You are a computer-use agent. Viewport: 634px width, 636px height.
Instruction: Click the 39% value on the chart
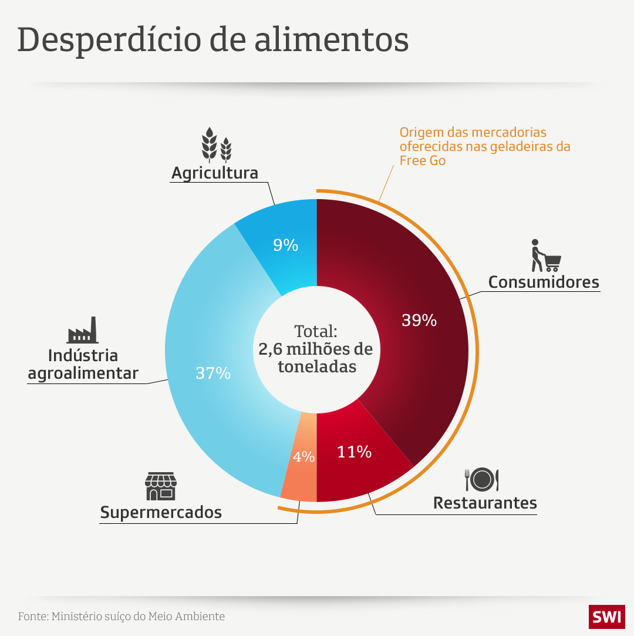419,320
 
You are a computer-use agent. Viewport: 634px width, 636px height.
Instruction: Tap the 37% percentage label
213,372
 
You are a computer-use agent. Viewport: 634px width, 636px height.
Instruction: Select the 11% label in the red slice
354,452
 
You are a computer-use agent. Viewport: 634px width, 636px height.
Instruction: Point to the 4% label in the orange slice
304,456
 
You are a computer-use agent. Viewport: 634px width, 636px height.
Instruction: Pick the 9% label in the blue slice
285,245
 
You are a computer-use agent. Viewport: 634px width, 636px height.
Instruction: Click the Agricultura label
215,173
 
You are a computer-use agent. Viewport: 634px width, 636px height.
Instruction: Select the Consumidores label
544,282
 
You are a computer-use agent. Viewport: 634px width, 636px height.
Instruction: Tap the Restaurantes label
485,503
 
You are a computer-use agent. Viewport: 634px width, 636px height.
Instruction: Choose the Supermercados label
161,512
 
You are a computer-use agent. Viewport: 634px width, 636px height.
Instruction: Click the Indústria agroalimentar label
83,364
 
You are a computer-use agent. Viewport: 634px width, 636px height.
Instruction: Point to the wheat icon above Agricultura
217,145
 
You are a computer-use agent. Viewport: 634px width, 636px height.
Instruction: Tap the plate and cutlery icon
482,479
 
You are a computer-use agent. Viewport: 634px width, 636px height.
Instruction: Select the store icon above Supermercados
161,486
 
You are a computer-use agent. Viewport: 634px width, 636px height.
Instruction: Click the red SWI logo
607,617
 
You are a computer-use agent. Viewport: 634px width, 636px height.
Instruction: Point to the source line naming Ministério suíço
122,617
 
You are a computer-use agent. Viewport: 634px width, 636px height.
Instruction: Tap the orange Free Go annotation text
484,146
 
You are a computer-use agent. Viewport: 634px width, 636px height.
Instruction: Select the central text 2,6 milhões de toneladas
316,358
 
